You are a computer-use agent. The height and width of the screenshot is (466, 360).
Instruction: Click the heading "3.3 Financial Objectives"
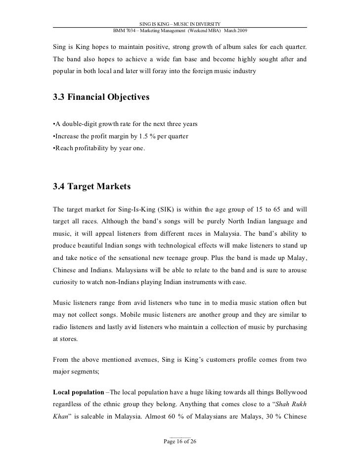pyautogui.click(x=100, y=97)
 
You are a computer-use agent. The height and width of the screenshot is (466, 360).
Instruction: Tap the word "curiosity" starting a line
pyautogui.click(x=68, y=284)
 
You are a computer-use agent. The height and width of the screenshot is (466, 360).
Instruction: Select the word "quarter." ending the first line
pyautogui.click(x=293, y=47)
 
